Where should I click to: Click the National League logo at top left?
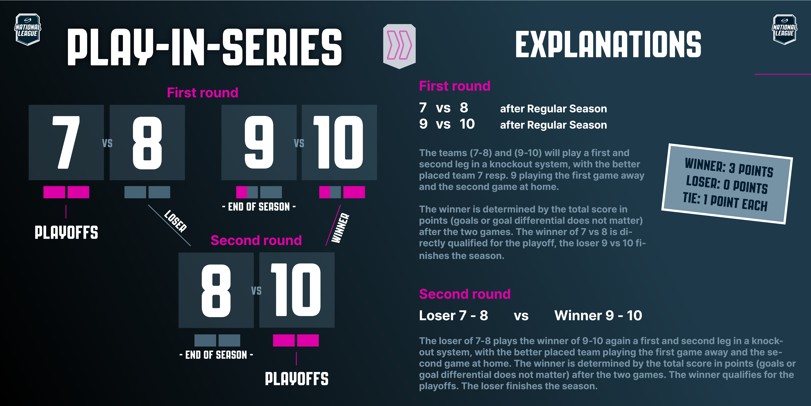point(28,29)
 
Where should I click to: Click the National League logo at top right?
point(785,29)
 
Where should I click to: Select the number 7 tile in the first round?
point(66,142)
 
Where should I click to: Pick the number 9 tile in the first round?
point(259,142)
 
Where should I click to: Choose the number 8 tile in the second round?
point(216,290)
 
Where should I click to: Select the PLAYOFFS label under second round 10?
point(297,379)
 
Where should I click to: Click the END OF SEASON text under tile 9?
point(259,207)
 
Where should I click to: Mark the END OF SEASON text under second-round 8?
point(216,355)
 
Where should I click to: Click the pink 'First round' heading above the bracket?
point(202,93)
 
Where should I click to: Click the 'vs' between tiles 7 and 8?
point(107,143)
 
